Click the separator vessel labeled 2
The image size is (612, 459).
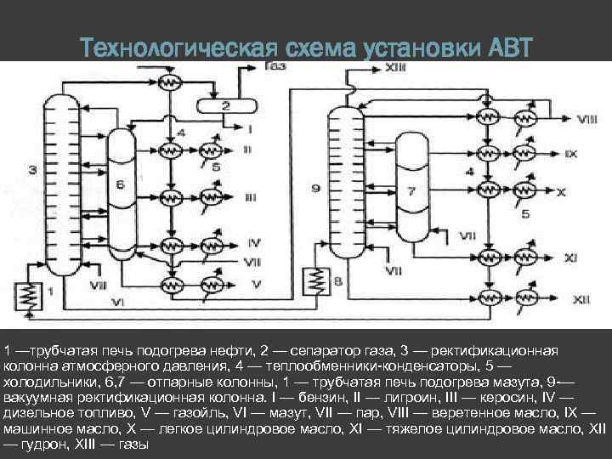pos(226,106)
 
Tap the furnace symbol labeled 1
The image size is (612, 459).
pos(31,294)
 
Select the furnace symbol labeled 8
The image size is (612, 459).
pos(319,279)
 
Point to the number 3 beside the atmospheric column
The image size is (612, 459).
pos(31,171)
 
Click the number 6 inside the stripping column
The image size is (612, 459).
pos(120,184)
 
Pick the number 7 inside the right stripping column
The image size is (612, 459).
pos(411,190)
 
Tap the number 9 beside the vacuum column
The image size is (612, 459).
pos(315,185)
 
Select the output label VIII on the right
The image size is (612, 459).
pos(585,120)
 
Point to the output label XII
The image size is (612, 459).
pos(581,299)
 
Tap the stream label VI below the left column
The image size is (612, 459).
pos(119,302)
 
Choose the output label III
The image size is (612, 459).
pos(250,196)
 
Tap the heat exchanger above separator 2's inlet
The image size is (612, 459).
pos(172,82)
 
